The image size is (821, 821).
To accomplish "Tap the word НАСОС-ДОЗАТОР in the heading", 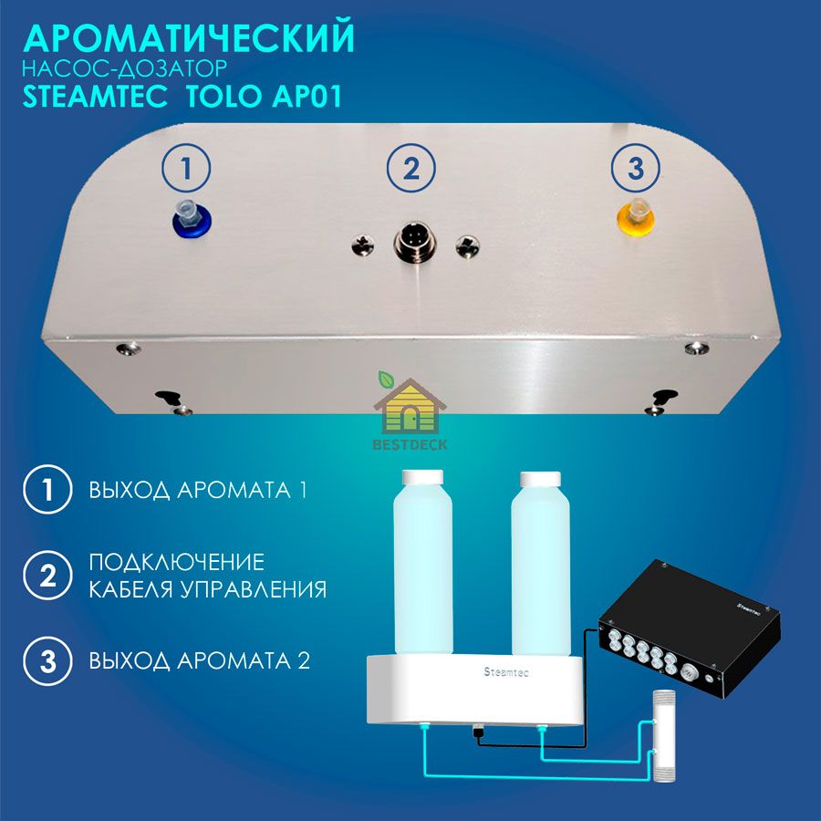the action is point(125,68).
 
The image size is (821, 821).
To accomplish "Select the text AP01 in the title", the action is point(307,96).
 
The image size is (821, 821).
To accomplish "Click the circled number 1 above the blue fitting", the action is point(186,169).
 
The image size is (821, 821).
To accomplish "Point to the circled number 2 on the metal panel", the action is point(411,169).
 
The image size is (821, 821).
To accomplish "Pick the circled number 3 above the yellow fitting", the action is point(636,169).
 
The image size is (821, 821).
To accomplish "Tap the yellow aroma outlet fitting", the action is point(636,217).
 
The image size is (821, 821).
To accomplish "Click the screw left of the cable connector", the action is point(363,244).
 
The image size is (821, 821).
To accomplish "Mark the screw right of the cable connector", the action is point(467,246).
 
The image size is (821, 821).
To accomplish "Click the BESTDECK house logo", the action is point(410,411).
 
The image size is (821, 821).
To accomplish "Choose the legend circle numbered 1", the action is point(47,490).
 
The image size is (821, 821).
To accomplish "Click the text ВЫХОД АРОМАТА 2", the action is point(200,660).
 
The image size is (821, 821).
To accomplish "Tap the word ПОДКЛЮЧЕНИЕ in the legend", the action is point(176,562).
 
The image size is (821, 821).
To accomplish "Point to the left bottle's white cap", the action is point(422,477).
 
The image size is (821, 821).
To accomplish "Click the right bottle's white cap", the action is point(540,479).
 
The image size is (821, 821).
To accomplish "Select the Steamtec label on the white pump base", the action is point(506,671).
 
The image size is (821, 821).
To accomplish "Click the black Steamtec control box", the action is point(689,628).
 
